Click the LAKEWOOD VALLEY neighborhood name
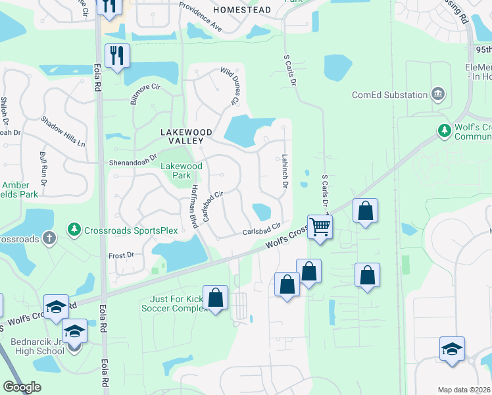[187, 136]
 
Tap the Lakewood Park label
[182, 171]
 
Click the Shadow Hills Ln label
[63, 131]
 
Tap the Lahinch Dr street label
[284, 172]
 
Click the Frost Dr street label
[121, 255]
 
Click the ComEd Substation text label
[389, 95]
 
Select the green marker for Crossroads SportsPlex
[73, 230]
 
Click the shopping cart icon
[320, 226]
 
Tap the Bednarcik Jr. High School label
[37, 346]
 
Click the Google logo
[22, 387]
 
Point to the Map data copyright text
[464, 390]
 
